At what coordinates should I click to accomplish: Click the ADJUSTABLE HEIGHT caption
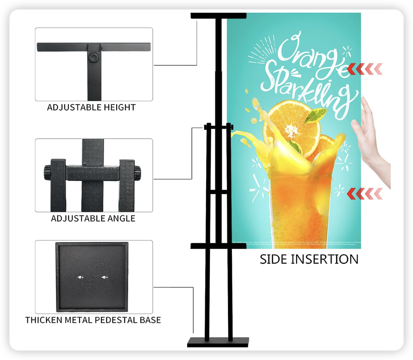(91, 107)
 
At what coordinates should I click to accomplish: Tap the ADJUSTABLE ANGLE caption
(93, 218)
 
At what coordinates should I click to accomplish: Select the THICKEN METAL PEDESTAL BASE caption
(93, 320)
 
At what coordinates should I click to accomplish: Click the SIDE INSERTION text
(309, 259)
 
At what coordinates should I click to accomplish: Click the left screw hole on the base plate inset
(80, 277)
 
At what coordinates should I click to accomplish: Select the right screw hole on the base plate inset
(104, 277)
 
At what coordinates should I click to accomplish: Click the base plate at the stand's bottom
(218, 342)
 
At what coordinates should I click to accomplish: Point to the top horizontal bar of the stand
(219, 15)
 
